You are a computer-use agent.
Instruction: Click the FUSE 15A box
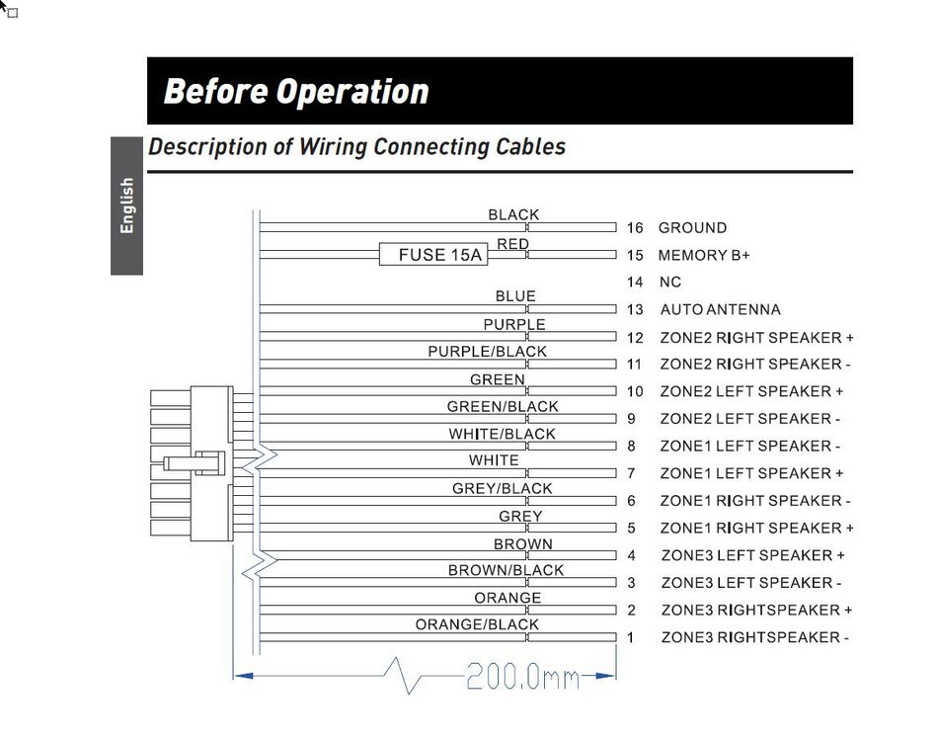point(432,255)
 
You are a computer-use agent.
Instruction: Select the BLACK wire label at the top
point(513,214)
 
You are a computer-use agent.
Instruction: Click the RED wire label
point(512,244)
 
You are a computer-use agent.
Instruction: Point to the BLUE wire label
point(515,296)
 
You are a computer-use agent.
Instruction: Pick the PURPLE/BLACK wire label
point(487,352)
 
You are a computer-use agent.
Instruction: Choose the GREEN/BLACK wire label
point(503,407)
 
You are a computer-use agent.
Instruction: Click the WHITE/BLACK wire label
point(502,434)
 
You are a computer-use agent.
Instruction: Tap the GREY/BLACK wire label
point(503,488)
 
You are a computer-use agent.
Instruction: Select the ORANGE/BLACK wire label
point(477,624)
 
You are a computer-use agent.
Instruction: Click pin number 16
point(635,228)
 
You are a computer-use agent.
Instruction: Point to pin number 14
point(635,283)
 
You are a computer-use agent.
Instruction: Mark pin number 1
point(631,637)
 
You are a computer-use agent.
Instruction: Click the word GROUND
point(692,228)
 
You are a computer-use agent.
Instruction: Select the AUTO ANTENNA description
point(720,310)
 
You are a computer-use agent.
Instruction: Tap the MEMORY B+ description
point(704,255)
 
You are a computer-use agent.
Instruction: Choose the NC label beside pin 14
point(669,283)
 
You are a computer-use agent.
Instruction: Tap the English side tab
point(126,206)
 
